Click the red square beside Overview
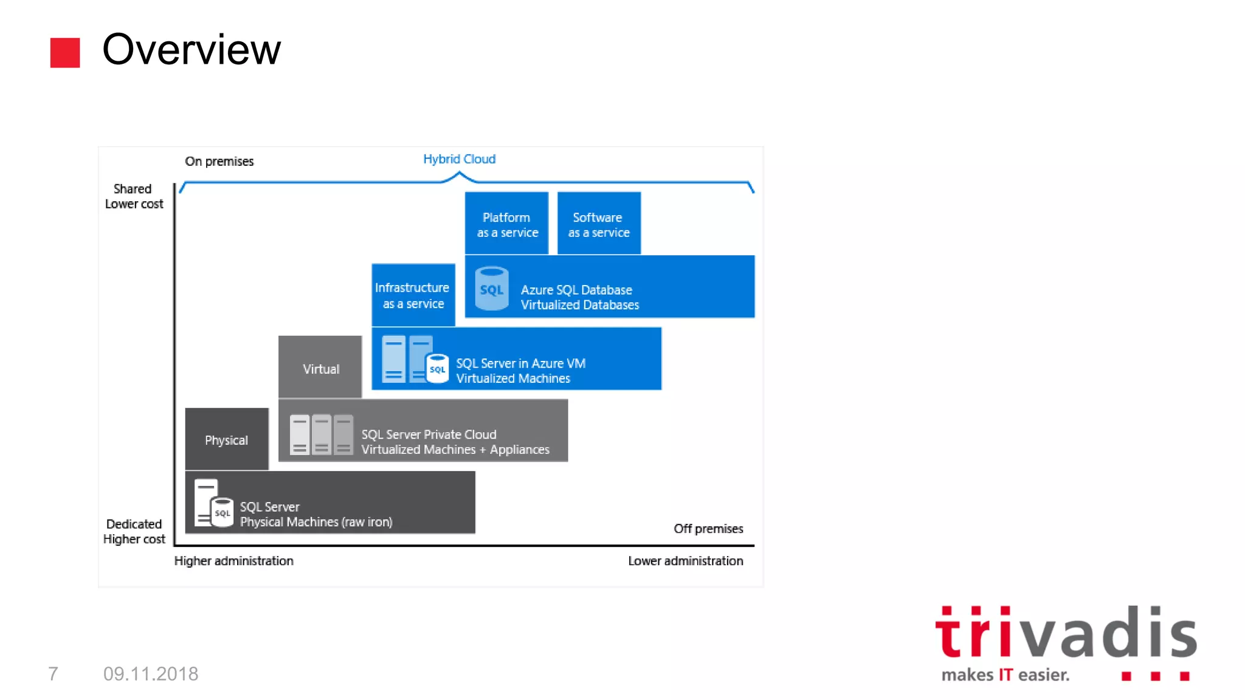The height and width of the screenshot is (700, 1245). (65, 53)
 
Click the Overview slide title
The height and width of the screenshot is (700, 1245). (191, 49)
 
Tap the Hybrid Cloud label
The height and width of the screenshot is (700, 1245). (459, 159)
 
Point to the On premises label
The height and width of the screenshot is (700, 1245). (219, 162)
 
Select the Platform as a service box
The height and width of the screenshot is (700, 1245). (507, 224)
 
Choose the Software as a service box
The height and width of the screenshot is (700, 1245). (599, 224)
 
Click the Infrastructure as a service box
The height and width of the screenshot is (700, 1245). (413, 295)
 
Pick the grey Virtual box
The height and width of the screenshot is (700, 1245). (320, 368)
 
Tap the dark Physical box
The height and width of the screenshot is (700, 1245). (227, 439)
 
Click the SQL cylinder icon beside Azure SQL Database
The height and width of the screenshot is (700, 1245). (492, 289)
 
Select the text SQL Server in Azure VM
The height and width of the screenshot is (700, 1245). (520, 363)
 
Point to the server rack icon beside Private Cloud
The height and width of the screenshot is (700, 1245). (321, 434)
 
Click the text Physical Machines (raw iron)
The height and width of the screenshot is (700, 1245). (316, 522)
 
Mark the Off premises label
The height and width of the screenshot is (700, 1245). (708, 529)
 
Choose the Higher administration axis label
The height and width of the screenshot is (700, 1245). (234, 561)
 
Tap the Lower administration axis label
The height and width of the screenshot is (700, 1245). (685, 561)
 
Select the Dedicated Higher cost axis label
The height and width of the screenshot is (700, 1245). (134, 532)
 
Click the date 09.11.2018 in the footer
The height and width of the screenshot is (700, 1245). (151, 674)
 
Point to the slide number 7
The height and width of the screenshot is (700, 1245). (53, 674)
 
